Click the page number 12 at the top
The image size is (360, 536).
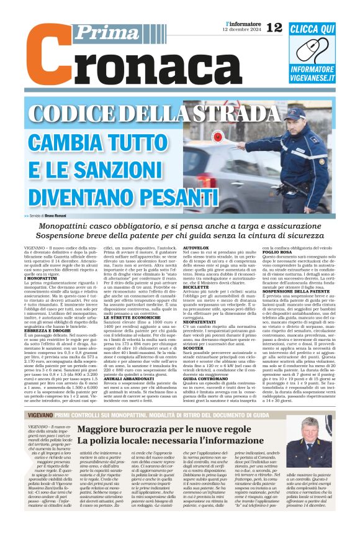coord(274,27)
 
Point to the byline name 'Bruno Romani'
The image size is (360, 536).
coord(65,216)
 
